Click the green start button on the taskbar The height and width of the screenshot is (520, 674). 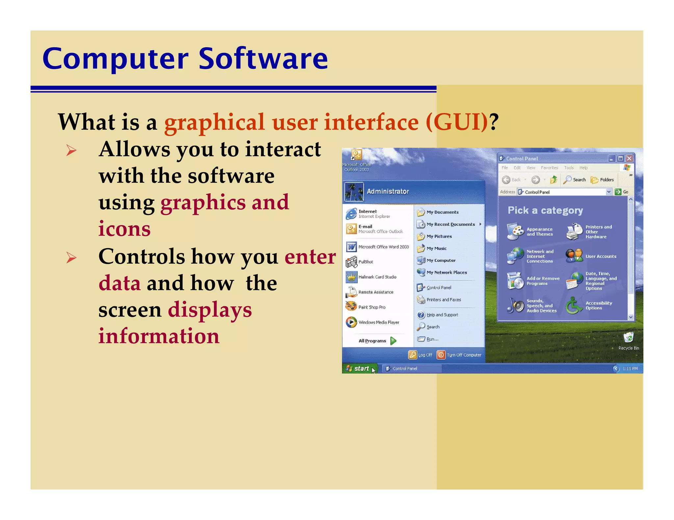(x=358, y=368)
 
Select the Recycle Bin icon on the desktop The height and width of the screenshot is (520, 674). (x=628, y=338)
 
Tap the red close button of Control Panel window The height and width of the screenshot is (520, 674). (x=629, y=158)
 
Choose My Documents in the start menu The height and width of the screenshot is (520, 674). (x=442, y=212)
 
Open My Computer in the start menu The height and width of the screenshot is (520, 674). (x=441, y=260)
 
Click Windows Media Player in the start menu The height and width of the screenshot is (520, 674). (x=378, y=322)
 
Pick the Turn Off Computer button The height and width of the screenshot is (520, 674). (x=459, y=355)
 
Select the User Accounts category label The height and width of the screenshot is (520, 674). (x=601, y=256)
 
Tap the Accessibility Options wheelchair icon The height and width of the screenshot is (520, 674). (x=574, y=306)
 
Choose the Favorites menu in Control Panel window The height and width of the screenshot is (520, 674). (x=549, y=168)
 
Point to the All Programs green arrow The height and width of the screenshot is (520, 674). (x=393, y=341)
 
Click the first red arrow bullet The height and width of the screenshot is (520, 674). (x=71, y=151)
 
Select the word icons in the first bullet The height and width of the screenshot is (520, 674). (x=124, y=229)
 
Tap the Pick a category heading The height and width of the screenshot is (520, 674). (x=545, y=210)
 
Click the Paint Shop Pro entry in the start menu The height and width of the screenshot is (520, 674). (x=372, y=307)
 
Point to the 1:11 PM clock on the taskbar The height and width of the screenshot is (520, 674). (x=630, y=369)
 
